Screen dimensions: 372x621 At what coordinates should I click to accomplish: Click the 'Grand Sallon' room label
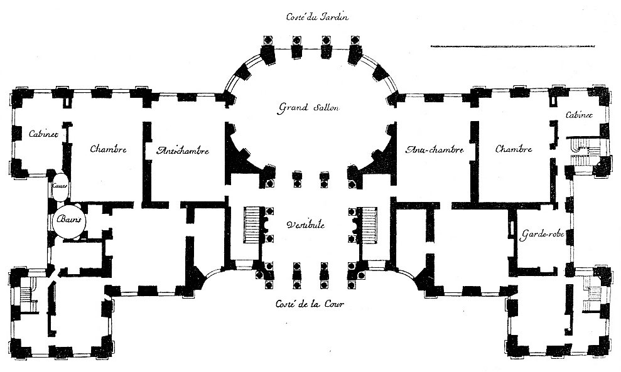tap(308, 107)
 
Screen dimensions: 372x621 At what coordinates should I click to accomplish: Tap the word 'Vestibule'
tap(305, 225)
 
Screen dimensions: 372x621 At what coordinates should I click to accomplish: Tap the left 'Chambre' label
tap(108, 149)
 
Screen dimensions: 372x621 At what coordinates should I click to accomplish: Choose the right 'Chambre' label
tap(514, 149)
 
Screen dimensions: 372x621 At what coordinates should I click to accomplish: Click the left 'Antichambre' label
tap(183, 151)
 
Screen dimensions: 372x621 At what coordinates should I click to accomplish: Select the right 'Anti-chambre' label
tap(435, 150)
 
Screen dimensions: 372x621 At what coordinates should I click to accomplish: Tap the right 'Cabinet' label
tap(580, 115)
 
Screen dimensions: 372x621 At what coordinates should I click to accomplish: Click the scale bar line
tap(512, 46)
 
